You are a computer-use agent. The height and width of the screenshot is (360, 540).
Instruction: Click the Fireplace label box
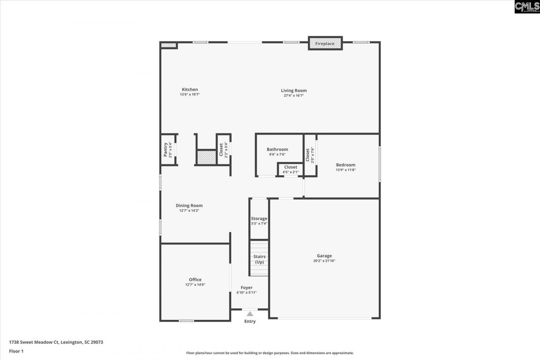click(325, 43)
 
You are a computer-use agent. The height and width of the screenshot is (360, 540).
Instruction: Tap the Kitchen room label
click(190, 89)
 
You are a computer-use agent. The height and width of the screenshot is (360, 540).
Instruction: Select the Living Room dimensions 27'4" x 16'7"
click(294, 96)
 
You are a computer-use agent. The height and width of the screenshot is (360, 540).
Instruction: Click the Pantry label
click(165, 149)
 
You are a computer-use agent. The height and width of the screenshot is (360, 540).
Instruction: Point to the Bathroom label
click(277, 149)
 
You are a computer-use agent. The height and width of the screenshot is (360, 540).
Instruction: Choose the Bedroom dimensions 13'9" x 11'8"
click(346, 170)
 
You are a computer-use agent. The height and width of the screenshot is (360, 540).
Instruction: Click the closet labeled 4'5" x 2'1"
click(291, 169)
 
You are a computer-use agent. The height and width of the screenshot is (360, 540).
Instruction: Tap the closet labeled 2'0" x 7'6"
click(310, 155)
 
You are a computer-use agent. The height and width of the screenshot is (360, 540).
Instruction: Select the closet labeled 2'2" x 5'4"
click(223, 149)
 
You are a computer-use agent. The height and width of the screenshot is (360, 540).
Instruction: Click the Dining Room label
click(189, 206)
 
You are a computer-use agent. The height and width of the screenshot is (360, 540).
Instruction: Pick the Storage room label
click(259, 219)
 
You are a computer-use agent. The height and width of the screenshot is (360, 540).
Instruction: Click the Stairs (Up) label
click(259, 259)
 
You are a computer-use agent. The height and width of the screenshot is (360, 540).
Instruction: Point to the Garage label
click(324, 256)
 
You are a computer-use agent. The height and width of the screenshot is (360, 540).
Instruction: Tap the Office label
click(195, 279)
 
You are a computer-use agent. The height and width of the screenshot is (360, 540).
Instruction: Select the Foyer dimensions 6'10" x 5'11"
click(246, 292)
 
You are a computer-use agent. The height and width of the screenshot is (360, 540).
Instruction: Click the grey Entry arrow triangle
click(250, 314)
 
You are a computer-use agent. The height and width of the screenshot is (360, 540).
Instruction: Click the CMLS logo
click(527, 7)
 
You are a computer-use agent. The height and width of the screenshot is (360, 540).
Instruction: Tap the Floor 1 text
click(16, 351)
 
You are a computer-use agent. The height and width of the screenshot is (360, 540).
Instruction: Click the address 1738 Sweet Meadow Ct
click(56, 342)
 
